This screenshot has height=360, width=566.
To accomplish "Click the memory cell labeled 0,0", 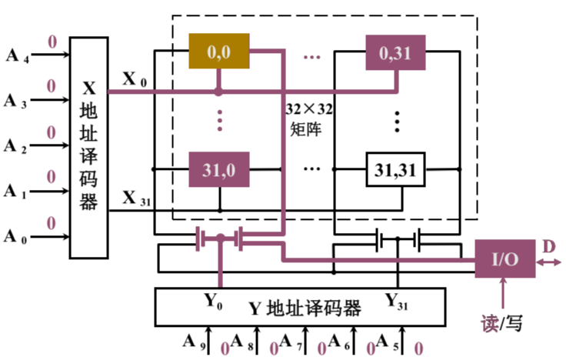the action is (219, 51).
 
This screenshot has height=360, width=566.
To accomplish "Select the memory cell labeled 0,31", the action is (395, 52).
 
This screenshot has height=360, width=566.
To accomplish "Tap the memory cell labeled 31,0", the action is (219, 169).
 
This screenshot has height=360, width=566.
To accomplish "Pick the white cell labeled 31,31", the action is (395, 169).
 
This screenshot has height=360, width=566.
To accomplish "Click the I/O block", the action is (505, 258).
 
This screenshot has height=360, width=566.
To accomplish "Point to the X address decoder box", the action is (88, 148).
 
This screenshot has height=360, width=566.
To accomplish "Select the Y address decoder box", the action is (301, 307).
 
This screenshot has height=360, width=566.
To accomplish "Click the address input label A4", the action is (17, 56).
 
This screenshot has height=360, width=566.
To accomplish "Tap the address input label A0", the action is (15, 237).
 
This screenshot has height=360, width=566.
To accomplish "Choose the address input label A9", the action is (195, 342).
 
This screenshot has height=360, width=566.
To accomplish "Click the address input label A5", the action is (387, 342).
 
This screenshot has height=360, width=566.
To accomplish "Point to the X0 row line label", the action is (135, 79).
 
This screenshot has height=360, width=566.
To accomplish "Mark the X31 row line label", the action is (136, 198).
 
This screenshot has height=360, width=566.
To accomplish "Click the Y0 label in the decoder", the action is (213, 301).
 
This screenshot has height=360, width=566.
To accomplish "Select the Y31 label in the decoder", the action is (396, 301).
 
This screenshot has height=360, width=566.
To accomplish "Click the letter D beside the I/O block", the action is (548, 247).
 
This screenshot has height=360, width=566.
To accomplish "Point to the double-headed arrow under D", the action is (548, 262).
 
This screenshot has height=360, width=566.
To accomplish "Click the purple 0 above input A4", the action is (53, 42).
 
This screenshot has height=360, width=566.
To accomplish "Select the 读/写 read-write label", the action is (501, 323).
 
